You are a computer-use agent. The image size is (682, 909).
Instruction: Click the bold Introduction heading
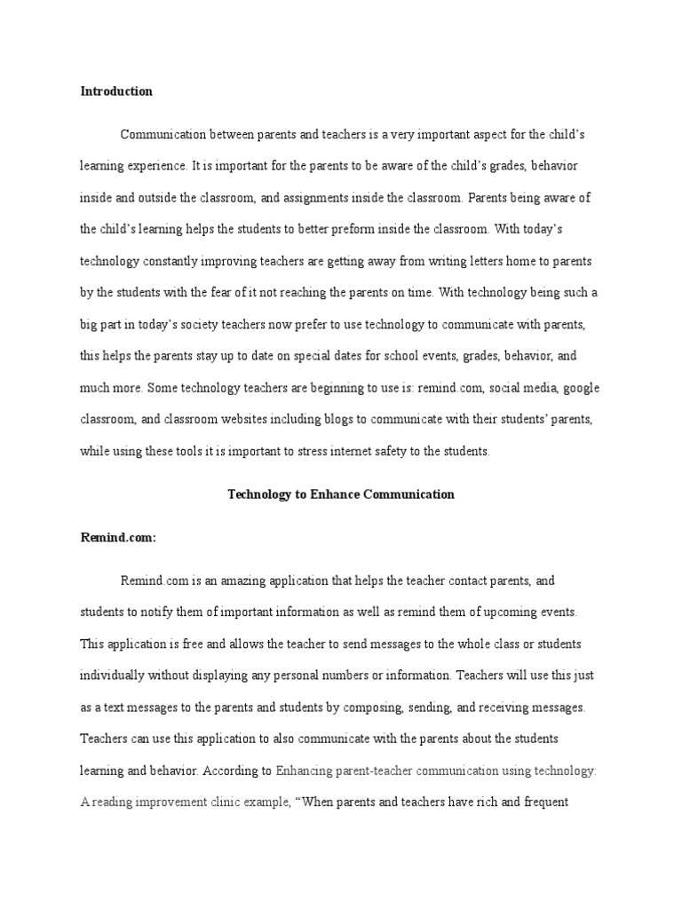(116, 91)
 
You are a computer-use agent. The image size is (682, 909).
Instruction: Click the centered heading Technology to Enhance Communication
(341, 494)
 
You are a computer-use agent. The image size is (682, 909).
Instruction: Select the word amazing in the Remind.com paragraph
(232, 581)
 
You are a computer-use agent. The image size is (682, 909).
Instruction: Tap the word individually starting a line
(115, 674)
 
